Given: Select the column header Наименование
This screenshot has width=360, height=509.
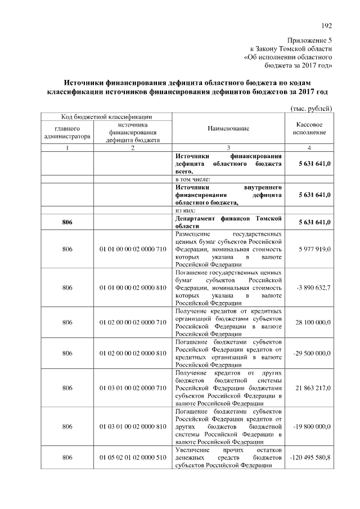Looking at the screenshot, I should coord(228,129).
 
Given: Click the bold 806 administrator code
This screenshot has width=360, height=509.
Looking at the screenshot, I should coord(67,222).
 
